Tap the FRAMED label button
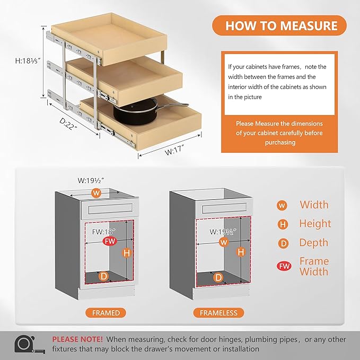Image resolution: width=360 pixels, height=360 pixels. point(106,313)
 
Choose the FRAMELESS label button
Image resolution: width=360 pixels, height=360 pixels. point(218,313)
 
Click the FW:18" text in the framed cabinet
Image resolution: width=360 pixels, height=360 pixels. point(103,231)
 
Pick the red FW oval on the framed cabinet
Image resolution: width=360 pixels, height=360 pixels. point(110,242)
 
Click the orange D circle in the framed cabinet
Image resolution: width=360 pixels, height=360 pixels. point(104,276)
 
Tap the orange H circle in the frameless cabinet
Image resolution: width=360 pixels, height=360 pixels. point(241,252)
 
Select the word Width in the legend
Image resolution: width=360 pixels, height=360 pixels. point(314,205)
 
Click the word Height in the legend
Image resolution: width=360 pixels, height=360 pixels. point(315,224)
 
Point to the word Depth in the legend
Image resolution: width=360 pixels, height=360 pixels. point(314,243)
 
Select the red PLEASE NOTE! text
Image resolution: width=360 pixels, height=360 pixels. point(77,339)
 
